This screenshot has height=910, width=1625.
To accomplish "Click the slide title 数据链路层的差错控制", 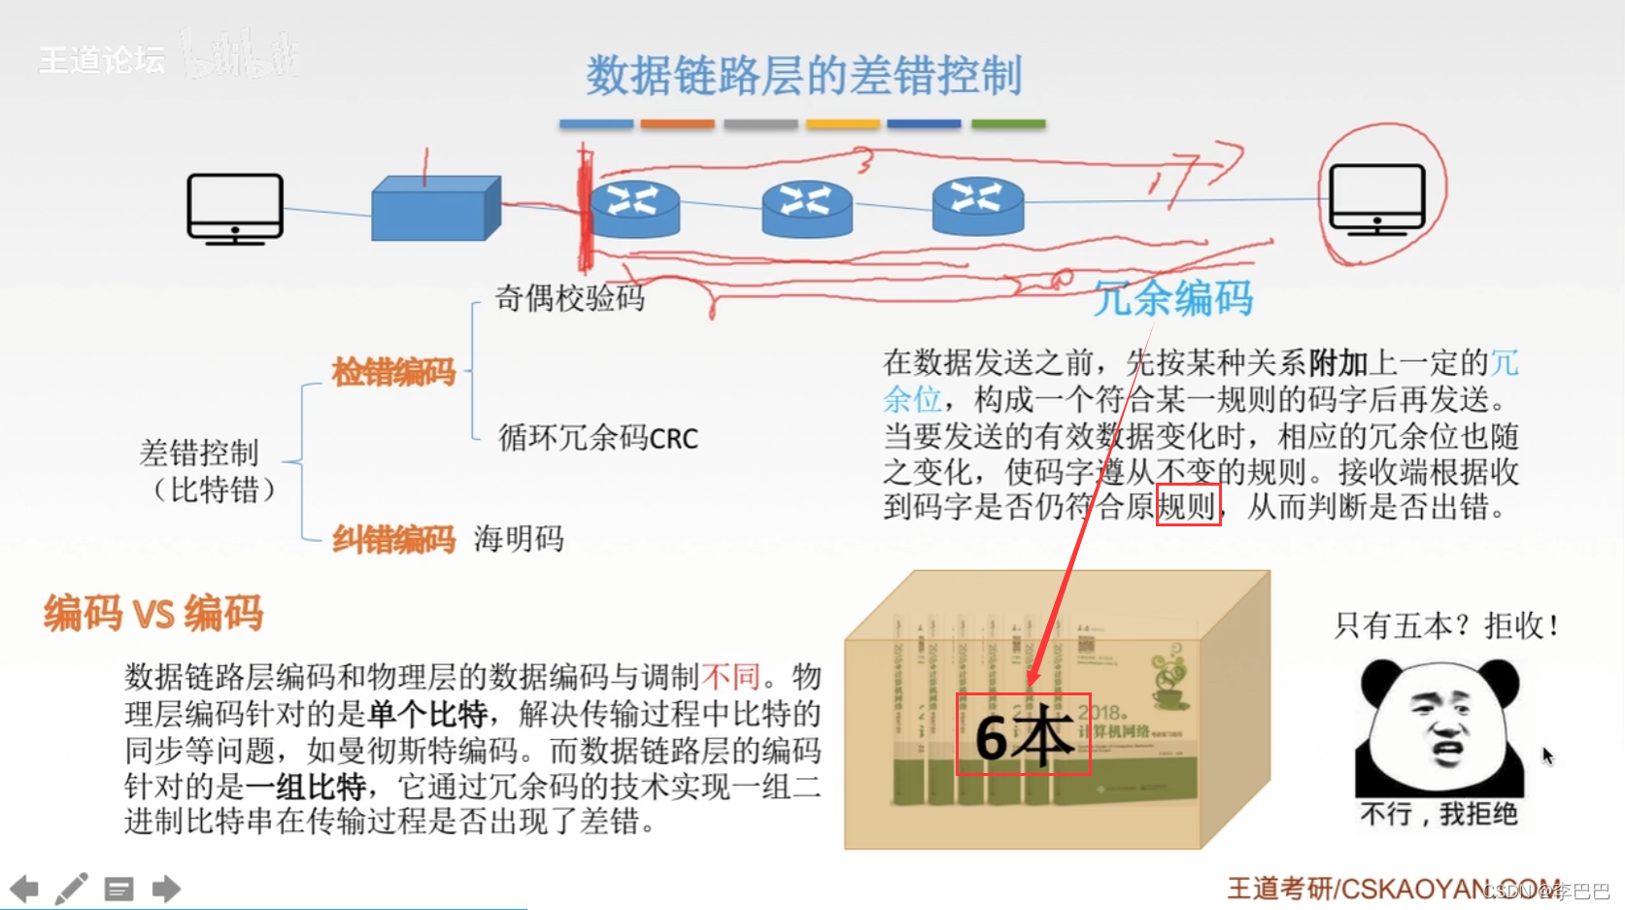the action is point(803,76).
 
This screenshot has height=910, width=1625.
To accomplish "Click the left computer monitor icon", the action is point(235,208).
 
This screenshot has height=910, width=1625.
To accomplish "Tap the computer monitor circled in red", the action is point(1376,199).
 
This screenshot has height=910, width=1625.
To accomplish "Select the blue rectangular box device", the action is point(435,209).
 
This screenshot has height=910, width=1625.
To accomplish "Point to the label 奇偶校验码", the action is point(570,297).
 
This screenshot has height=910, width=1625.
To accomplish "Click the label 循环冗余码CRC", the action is point(598,438).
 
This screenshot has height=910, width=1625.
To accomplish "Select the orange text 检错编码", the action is point(393,372).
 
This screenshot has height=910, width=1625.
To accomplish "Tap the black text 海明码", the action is point(519,538).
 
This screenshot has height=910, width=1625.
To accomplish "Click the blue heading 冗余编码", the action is point(1173,298).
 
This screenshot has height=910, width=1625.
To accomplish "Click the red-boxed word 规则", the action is point(1188,506).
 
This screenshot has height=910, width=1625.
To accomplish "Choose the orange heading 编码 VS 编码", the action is point(153,614).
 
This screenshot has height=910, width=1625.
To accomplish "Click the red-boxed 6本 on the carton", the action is point(1024,734).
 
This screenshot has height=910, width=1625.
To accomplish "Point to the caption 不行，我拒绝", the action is point(1439,814).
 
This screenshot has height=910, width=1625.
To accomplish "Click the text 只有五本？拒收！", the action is point(1446,625).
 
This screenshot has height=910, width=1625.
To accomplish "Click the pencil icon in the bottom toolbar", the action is point(71,889).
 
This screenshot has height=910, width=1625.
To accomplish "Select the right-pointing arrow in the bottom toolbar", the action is point(166,889).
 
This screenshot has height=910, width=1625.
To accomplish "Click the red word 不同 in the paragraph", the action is point(730,677).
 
